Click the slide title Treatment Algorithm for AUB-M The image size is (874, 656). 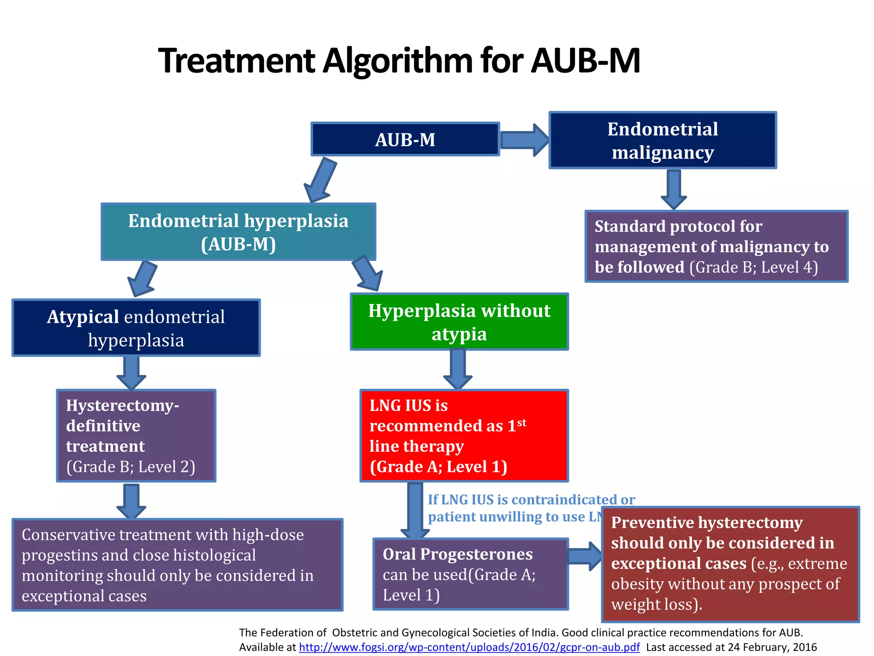click(x=399, y=61)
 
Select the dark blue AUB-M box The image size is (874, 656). click(x=405, y=139)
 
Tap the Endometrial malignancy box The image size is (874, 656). click(x=662, y=141)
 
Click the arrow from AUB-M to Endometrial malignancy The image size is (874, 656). click(x=524, y=140)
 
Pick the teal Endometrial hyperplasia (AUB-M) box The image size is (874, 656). click(x=238, y=232)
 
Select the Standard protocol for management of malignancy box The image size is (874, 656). click(x=716, y=246)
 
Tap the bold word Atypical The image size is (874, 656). click(x=83, y=317)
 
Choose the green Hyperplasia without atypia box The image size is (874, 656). click(x=459, y=322)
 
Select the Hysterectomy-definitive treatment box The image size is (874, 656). click(x=136, y=436)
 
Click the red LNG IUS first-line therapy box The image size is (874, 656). click(x=464, y=436)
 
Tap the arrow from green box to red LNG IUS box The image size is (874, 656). click(x=457, y=369)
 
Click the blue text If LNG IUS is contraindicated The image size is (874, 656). click(x=531, y=500)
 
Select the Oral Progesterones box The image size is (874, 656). click(x=470, y=574)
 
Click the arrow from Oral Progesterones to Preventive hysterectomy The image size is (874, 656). click(x=585, y=556)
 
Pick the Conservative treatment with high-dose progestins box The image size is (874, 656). click(x=178, y=565)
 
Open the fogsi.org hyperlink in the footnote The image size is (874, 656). click(x=469, y=647)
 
